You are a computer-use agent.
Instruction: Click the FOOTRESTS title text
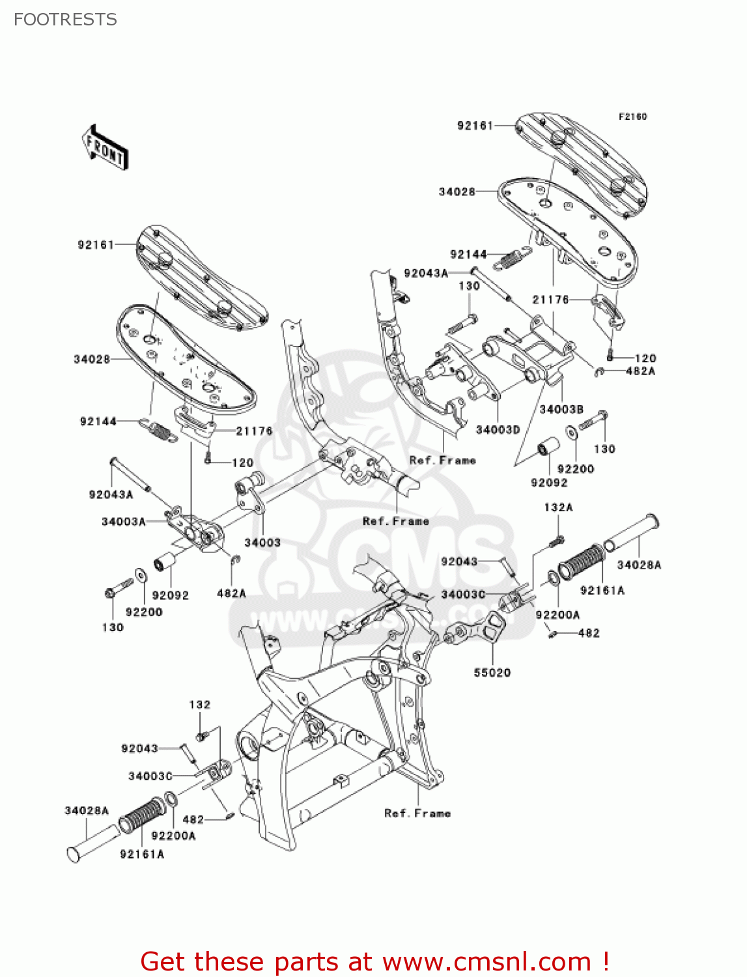click(65, 20)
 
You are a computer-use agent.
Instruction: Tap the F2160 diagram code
click(632, 117)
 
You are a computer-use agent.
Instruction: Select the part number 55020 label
click(492, 673)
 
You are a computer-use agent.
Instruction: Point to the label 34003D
click(498, 430)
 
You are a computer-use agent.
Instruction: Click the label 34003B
click(561, 410)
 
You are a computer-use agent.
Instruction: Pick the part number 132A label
click(558, 507)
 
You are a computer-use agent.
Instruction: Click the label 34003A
click(123, 522)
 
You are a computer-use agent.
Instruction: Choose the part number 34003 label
click(262, 543)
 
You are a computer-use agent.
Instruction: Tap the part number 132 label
click(200, 705)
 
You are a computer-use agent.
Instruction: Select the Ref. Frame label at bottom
click(417, 814)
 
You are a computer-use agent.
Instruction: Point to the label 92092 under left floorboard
click(170, 595)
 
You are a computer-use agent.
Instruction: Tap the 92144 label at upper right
click(468, 255)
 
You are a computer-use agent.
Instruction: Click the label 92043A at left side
click(111, 495)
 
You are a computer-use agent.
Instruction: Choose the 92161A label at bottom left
click(142, 855)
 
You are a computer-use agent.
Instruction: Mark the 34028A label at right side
click(639, 565)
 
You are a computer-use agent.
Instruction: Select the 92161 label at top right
click(475, 126)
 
